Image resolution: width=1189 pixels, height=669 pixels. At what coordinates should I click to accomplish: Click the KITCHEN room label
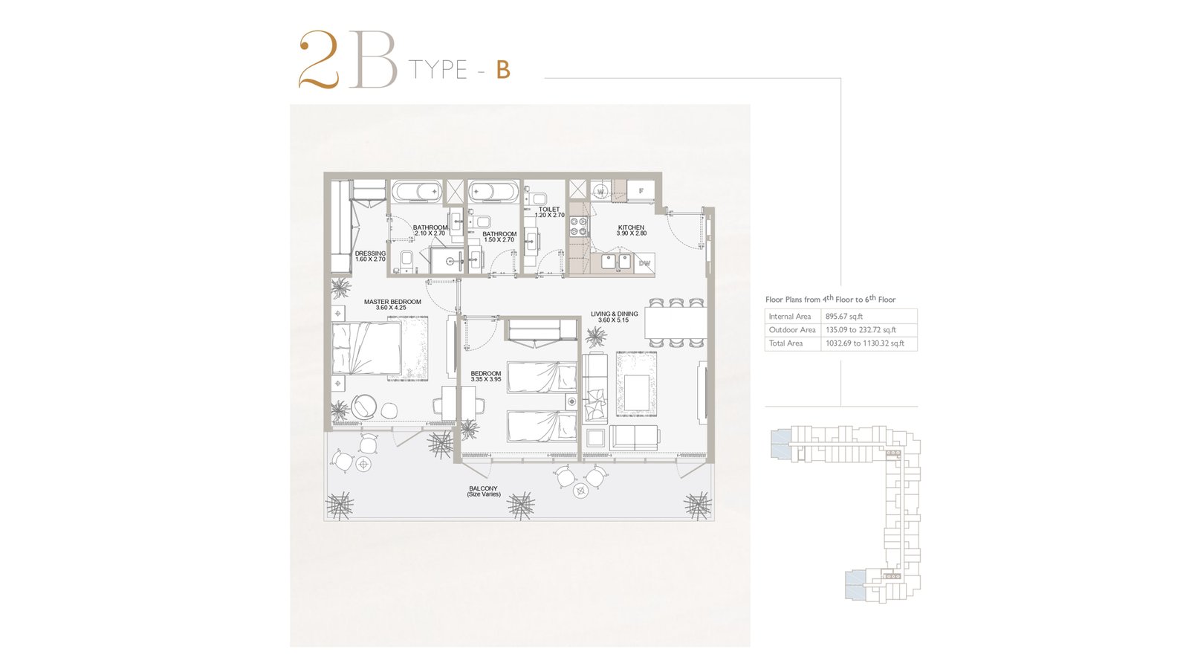[x=631, y=227]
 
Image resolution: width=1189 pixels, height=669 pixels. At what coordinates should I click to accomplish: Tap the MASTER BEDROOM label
[x=392, y=302]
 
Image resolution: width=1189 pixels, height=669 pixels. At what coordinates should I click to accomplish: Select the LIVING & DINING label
[x=614, y=314]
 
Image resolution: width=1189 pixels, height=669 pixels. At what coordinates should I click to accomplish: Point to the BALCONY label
[x=483, y=488]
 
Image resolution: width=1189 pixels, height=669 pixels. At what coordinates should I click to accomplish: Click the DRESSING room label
[x=370, y=253]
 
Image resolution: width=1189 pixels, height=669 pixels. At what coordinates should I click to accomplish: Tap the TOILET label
[x=549, y=209]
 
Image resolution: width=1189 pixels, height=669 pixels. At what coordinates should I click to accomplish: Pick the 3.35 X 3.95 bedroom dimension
[x=486, y=380]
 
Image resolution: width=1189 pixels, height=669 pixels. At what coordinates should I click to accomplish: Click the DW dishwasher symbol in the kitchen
[x=644, y=263]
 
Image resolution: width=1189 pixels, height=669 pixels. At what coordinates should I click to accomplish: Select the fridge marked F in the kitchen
[x=641, y=190]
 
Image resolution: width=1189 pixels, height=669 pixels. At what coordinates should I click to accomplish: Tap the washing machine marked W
[x=600, y=190]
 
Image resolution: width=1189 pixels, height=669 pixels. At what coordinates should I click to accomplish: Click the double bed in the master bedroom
[x=366, y=349]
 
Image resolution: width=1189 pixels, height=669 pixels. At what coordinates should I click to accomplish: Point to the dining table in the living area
[x=676, y=323]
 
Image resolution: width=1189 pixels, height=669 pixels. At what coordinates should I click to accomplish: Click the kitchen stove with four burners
[x=578, y=226]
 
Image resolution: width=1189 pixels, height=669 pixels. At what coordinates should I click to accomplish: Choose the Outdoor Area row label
[x=792, y=330]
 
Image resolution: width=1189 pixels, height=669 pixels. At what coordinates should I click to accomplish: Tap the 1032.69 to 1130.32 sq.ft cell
[x=865, y=343]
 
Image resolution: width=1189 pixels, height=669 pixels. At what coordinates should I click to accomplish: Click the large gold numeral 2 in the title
[x=319, y=60]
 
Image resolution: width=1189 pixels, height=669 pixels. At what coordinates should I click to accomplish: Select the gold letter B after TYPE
[x=503, y=70]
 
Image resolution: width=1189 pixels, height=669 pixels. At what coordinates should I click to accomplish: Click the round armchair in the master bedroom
[x=365, y=406]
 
